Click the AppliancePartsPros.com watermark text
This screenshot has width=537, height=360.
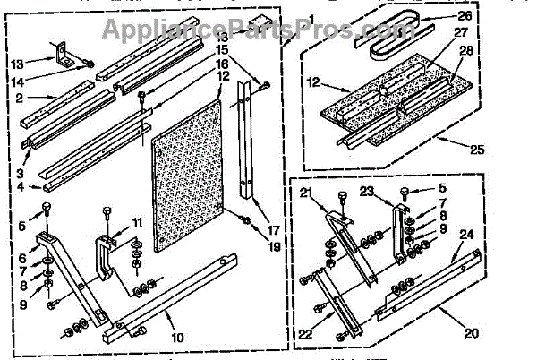[x=268, y=30]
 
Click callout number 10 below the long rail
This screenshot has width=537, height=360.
[x=177, y=338]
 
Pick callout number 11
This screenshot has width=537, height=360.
[x=137, y=221]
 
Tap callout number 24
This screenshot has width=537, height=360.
[x=466, y=235]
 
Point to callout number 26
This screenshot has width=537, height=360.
[x=464, y=15]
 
